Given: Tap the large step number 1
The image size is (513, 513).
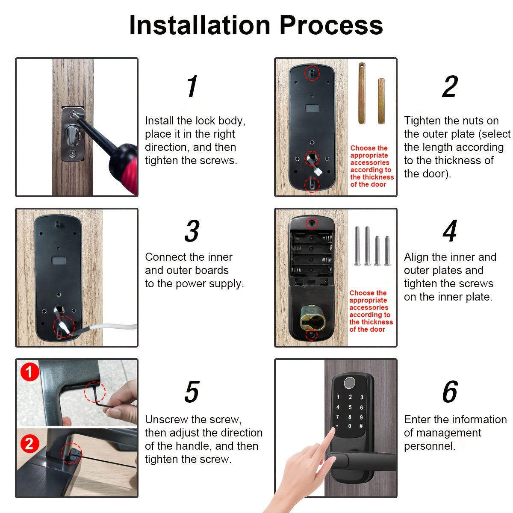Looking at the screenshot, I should (192, 87).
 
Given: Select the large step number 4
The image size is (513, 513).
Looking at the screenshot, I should (450, 231).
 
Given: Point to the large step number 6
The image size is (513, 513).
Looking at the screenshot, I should (450, 392).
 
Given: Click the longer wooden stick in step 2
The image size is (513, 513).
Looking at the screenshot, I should (362, 94).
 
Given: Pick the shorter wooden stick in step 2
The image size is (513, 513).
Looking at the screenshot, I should (381, 101).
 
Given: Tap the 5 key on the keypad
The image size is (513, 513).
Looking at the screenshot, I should (350, 407).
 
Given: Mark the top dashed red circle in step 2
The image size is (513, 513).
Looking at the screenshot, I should (312, 73).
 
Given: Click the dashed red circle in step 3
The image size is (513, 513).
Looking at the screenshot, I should (63, 327).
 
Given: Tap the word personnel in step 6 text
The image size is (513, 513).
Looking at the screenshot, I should (429, 446).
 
